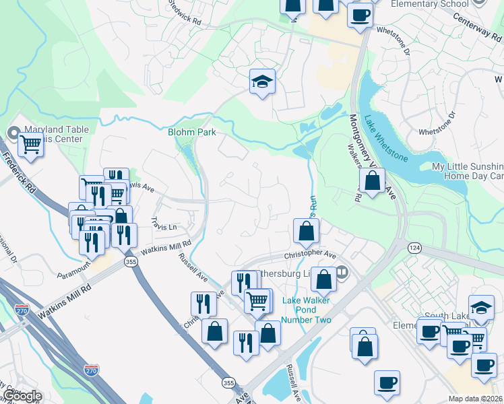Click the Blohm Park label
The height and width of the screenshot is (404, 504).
[192, 132]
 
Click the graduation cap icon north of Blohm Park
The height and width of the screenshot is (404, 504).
[262, 81]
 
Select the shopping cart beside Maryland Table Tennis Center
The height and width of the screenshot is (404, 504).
[30, 143]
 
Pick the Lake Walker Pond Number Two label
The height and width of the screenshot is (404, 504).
[307, 310]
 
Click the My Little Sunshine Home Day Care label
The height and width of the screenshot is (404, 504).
[468, 171]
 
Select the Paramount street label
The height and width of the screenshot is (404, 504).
[74, 267]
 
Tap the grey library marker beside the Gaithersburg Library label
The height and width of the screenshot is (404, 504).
[342, 273]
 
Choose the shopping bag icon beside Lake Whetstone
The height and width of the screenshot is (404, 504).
[372, 180]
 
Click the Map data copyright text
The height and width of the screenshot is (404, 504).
[476, 398]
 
